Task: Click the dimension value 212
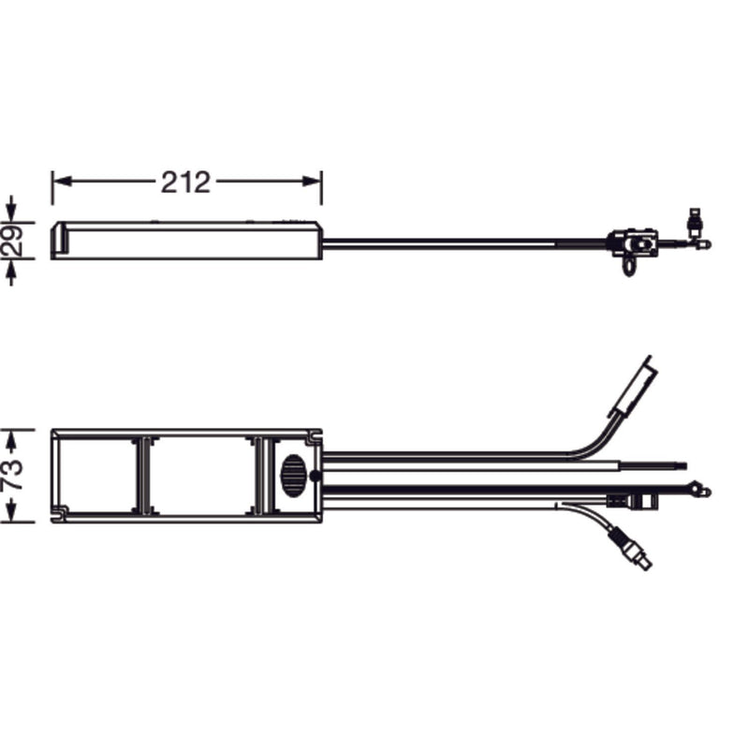(x=185, y=182)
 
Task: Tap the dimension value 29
(x=13, y=241)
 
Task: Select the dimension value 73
(x=13, y=475)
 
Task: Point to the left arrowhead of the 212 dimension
(x=62, y=182)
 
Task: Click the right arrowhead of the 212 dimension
(x=312, y=182)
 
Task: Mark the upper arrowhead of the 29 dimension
(x=11, y=213)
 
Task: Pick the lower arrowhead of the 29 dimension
(x=11, y=269)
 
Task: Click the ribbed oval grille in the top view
(x=293, y=476)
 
